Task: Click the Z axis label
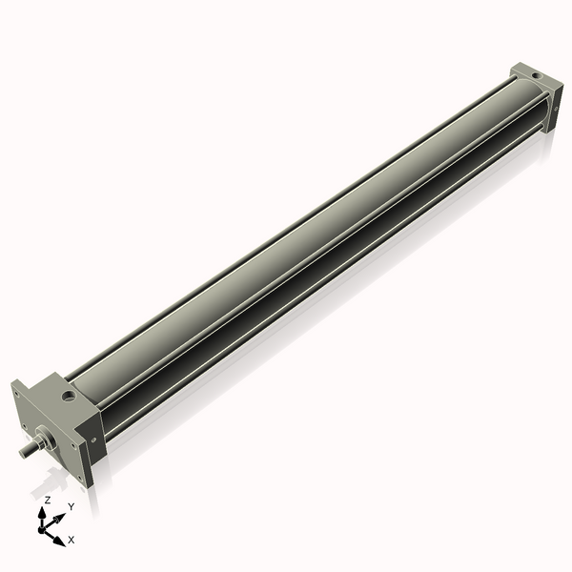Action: pyautogui.click(x=47, y=500)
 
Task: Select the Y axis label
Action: pyautogui.click(x=71, y=506)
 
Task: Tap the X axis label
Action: pyautogui.click(x=71, y=540)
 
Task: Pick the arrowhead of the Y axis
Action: pyautogui.click(x=62, y=516)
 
